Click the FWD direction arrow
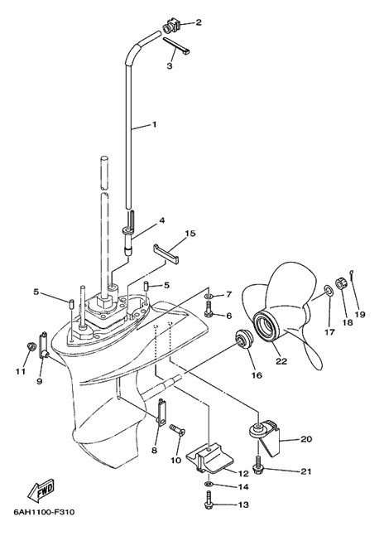[x=41, y=490]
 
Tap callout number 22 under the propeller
[x=281, y=361]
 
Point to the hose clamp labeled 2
[x=171, y=26]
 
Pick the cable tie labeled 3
[x=176, y=46]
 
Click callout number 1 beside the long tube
[x=154, y=124]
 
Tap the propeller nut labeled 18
[x=341, y=282]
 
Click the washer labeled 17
[x=329, y=291]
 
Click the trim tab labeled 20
[x=267, y=438]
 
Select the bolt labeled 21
[x=257, y=464]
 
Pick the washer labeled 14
[x=208, y=484]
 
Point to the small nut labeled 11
[x=31, y=346]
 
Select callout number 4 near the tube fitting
[x=161, y=221]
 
